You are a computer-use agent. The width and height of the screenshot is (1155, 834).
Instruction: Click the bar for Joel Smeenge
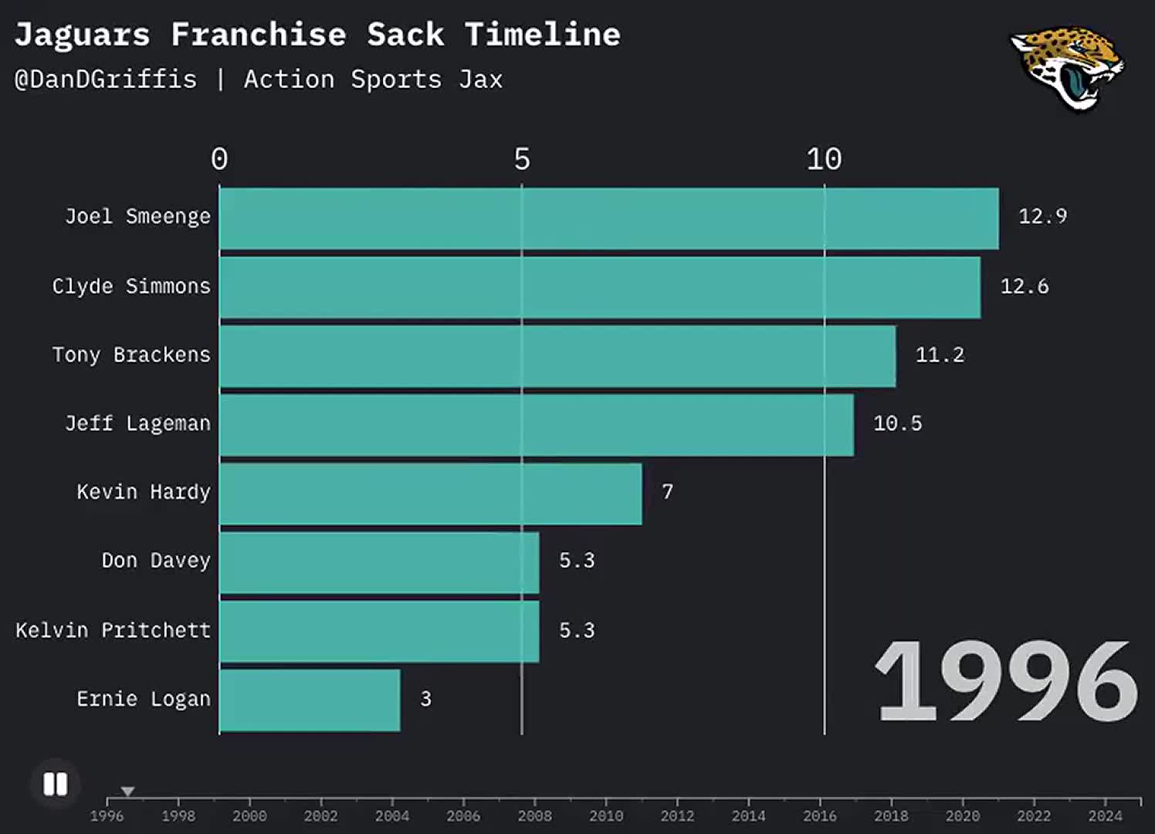608,219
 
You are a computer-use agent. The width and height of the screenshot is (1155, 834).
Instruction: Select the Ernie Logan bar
310,700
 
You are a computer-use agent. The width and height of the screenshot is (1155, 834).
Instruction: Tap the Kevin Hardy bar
430,493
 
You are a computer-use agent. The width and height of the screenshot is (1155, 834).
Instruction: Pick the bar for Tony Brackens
557,356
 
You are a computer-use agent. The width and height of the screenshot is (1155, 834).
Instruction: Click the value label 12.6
1025,286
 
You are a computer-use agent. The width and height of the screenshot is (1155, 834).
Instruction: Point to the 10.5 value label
897,423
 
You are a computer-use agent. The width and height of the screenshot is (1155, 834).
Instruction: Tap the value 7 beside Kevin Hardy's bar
668,492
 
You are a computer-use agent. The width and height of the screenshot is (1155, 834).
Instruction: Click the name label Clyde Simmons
131,286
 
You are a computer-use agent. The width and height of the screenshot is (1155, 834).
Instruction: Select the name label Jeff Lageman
137,423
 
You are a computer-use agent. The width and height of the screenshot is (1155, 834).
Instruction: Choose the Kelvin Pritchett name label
113,630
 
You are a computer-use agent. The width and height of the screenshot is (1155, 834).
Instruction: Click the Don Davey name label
156,561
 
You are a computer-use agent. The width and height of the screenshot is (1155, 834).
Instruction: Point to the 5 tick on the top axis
522,160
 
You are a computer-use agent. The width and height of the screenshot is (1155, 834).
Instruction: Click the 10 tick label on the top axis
824,160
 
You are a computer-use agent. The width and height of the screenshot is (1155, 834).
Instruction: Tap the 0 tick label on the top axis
219,160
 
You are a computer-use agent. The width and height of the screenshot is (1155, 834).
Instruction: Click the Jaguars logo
1069,67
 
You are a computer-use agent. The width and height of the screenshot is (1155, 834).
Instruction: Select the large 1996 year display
1005,681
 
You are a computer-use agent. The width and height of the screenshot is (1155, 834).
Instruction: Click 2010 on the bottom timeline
606,815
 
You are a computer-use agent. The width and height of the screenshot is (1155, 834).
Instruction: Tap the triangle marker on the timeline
128,792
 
